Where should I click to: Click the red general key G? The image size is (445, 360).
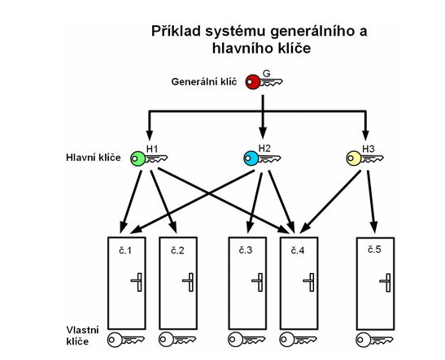pyautogui.click(x=264, y=82)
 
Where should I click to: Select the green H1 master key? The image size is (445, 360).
pyautogui.click(x=149, y=158)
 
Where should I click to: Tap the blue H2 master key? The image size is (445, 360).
pyautogui.click(x=262, y=158)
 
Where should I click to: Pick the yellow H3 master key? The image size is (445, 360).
pyautogui.click(x=364, y=158)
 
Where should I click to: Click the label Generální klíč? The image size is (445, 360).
pyautogui.click(x=204, y=82)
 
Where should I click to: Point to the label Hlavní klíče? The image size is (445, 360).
pyautogui.click(x=94, y=158)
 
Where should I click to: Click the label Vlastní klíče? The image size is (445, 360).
pyautogui.click(x=83, y=336)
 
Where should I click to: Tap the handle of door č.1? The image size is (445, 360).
pyautogui.click(x=137, y=282)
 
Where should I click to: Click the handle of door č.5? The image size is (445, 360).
pyautogui.click(x=385, y=283)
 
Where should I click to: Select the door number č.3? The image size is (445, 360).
pyautogui.click(x=246, y=250)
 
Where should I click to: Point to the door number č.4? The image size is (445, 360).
pyautogui.click(x=298, y=250)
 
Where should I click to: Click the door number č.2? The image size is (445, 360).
pyautogui.click(x=177, y=250)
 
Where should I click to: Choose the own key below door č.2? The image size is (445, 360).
pyautogui.click(x=177, y=340)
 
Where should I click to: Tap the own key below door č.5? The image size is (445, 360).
pyautogui.click(x=374, y=340)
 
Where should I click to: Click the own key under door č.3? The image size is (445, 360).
pyautogui.click(x=246, y=340)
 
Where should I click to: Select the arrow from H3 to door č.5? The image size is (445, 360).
pyautogui.click(x=372, y=202)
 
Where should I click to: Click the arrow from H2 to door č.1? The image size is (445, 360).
pyautogui.click(x=193, y=202)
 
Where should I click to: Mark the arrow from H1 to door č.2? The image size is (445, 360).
pyautogui.click(x=164, y=202)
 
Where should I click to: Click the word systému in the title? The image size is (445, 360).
pyautogui.click(x=236, y=31)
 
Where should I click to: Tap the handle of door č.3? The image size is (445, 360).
pyautogui.click(x=257, y=282)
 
